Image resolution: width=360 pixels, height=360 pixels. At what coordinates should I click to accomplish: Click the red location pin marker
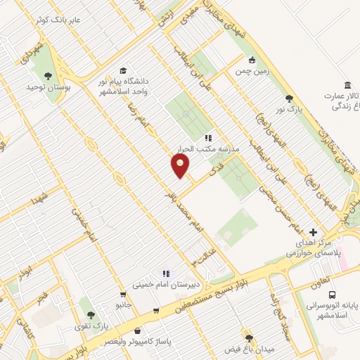click(x=180, y=166)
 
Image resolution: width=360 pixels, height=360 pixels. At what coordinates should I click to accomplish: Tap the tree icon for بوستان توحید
click(x=47, y=75)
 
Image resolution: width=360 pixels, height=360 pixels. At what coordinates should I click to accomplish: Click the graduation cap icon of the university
click(x=124, y=71)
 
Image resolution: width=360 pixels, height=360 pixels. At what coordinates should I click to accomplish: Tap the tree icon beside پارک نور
click(x=288, y=98)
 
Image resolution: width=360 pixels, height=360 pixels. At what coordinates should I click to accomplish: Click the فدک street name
click(x=215, y=170)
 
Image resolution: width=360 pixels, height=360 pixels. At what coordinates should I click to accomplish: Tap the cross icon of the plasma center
click(x=314, y=232)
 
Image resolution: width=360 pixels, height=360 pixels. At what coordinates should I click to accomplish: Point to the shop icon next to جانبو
click(x=156, y=310)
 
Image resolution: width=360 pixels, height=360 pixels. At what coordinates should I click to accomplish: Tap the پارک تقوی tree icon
click(x=89, y=314)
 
